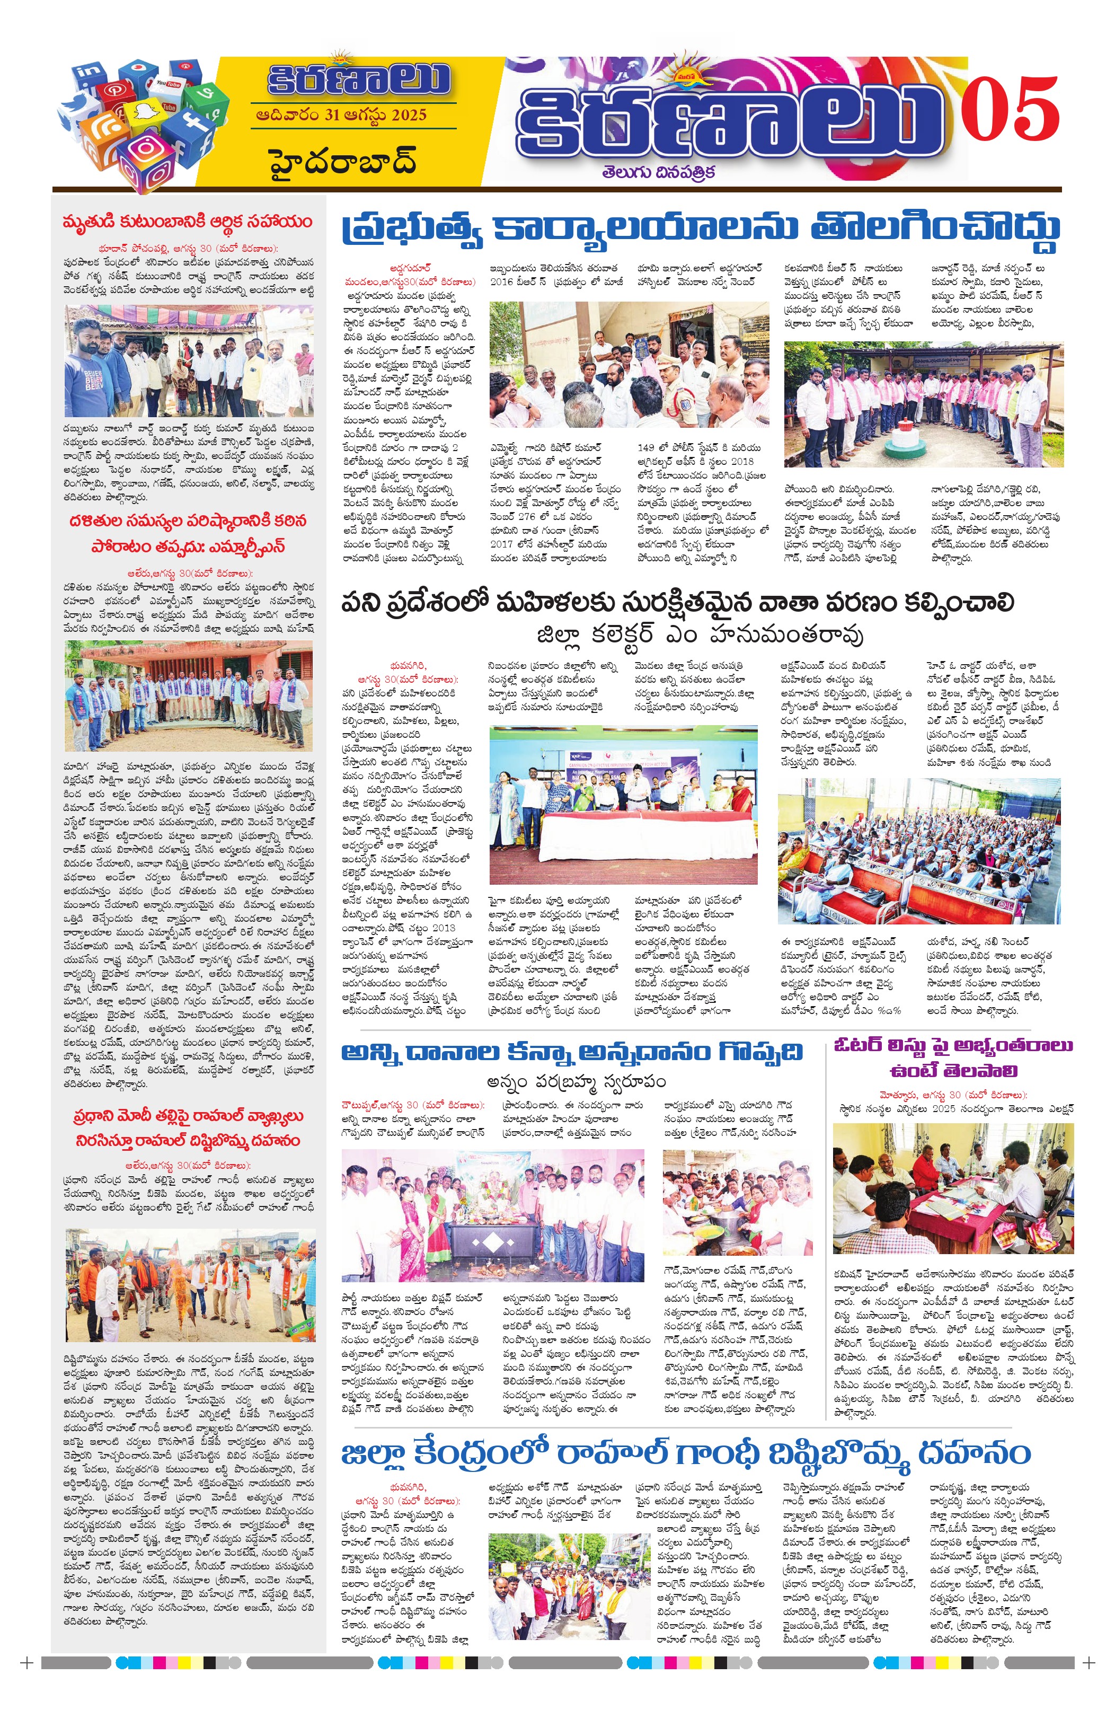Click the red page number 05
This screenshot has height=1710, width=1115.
coord(1010,110)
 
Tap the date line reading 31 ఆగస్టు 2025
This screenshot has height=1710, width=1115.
coord(341,116)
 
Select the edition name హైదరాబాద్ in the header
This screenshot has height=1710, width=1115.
coord(343,162)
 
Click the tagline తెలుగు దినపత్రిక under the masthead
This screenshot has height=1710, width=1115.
coord(658,172)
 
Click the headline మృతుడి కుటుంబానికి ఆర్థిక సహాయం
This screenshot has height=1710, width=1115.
coord(188,221)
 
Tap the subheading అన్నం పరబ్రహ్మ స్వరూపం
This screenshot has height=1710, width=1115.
coord(576,1081)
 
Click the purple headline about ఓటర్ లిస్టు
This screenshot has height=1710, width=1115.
coord(953,1057)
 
